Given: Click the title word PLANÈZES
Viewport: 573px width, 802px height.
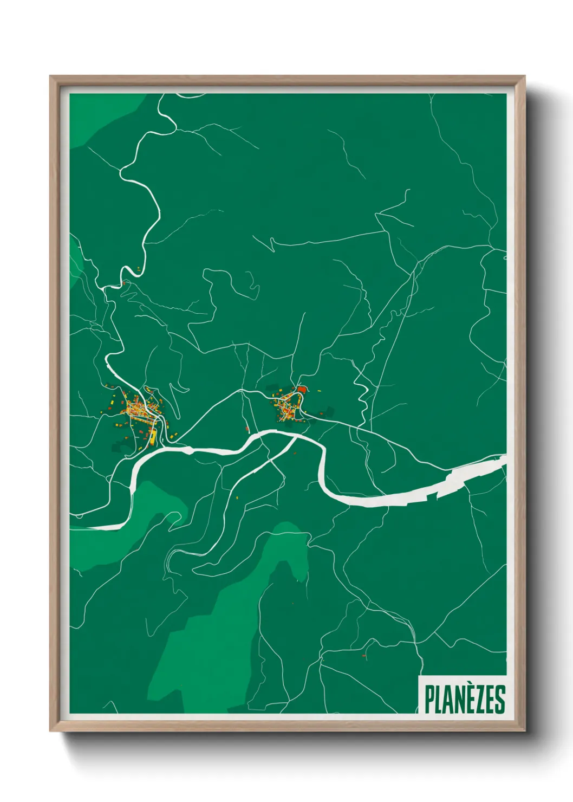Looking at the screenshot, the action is click(464, 700).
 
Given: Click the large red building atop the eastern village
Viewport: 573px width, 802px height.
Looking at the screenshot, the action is click(302, 389).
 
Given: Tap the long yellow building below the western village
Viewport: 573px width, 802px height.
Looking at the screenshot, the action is click(153, 436).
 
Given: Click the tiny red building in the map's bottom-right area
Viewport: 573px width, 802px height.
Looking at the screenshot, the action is click(364, 656).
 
